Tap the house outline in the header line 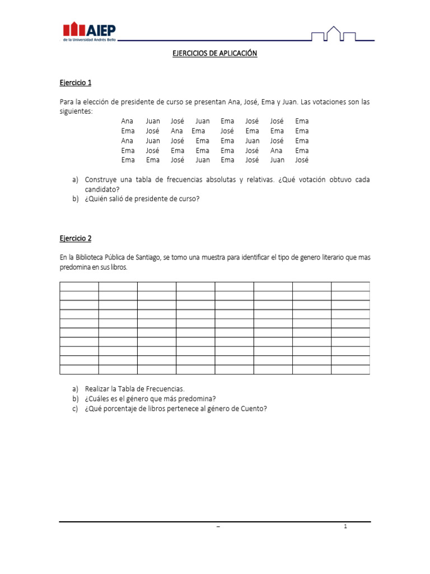[x=334, y=34]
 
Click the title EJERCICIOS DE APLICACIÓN [x=214, y=54]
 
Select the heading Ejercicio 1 [x=75, y=83]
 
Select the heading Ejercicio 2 [x=75, y=238]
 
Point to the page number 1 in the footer [x=345, y=526]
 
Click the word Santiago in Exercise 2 [x=147, y=257]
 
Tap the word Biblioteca [x=90, y=257]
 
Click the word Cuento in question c [x=254, y=409]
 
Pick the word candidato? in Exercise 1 [x=102, y=189]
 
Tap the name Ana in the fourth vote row [x=276, y=150]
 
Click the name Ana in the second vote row [x=177, y=131]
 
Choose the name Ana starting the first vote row [x=127, y=121]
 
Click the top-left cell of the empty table [x=79, y=286]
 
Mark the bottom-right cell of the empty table [x=350, y=369]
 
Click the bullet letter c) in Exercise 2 [x=76, y=409]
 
